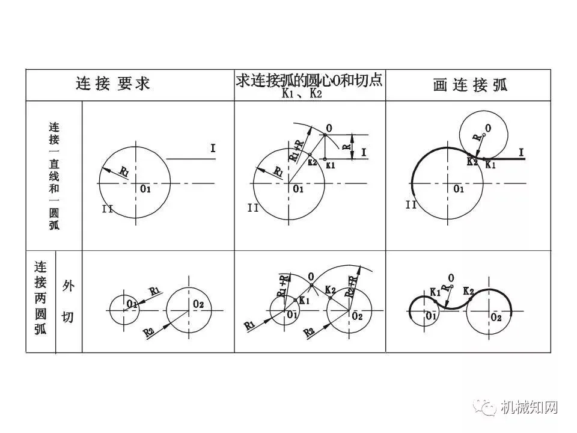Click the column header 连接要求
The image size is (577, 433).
[113, 84]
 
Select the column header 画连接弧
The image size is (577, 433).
[470, 85]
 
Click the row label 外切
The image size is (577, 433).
[68, 301]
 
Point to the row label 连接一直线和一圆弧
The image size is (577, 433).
[54, 176]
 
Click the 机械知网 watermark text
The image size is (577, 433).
[530, 408]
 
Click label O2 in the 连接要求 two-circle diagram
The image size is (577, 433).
[199, 304]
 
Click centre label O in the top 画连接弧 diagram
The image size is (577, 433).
[487, 127]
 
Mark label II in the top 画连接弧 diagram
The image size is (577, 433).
[411, 204]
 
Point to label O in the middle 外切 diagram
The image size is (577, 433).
[311, 277]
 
